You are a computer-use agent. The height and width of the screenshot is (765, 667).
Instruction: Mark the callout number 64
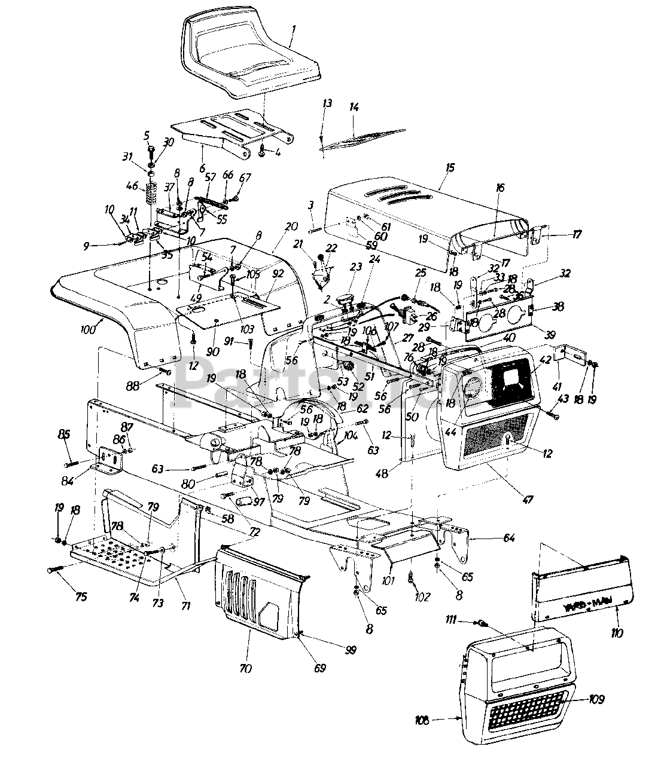(x=508, y=538)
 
